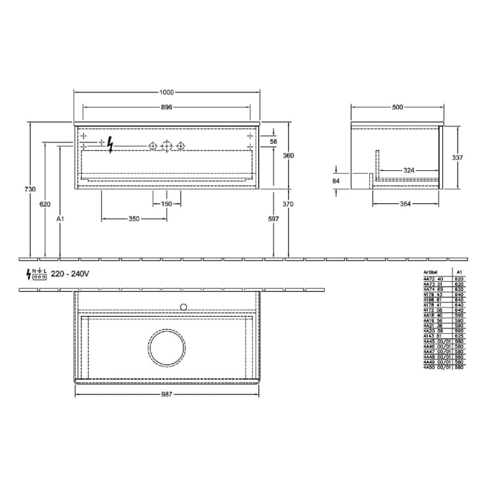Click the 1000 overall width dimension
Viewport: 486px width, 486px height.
[166, 93]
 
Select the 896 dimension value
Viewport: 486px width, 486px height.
[166, 107]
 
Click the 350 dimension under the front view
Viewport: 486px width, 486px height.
[134, 219]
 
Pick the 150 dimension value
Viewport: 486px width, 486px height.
[167, 204]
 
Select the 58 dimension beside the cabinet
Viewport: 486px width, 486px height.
[274, 142]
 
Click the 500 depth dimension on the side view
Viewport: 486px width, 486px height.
[397, 107]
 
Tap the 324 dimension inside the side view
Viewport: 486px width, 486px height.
[409, 170]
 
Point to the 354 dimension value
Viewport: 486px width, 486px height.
[405, 204]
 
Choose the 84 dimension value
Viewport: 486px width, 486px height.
[337, 181]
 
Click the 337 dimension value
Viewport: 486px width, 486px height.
[457, 158]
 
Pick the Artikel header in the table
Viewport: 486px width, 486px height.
[432, 273]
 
